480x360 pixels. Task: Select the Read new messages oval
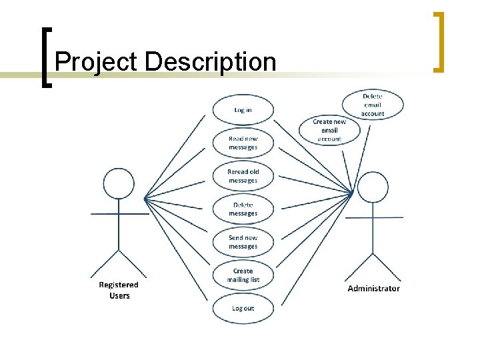[x=243, y=143]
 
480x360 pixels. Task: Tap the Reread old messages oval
[x=243, y=176]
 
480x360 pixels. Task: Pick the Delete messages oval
[x=243, y=209]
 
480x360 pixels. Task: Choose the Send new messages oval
[x=243, y=242]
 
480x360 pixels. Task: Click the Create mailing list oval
[x=243, y=275]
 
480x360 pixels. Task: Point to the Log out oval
[x=243, y=309]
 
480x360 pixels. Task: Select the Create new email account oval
[x=329, y=131]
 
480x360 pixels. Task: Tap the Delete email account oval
[x=373, y=105]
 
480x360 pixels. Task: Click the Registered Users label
[x=119, y=290]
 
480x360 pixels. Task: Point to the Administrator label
[x=373, y=289]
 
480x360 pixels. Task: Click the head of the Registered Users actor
[x=119, y=183]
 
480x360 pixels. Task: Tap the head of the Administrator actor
[x=373, y=187]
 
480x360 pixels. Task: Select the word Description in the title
[x=209, y=62]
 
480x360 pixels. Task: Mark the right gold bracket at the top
[x=439, y=41]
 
